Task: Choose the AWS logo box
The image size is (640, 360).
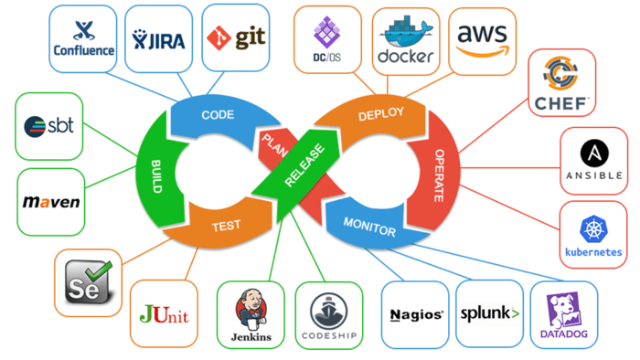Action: point(483,39)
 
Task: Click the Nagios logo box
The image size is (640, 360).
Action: point(415,314)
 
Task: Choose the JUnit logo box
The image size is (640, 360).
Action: point(164,314)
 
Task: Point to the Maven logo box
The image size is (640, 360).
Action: point(50,201)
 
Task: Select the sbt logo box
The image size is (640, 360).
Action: point(50,125)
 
